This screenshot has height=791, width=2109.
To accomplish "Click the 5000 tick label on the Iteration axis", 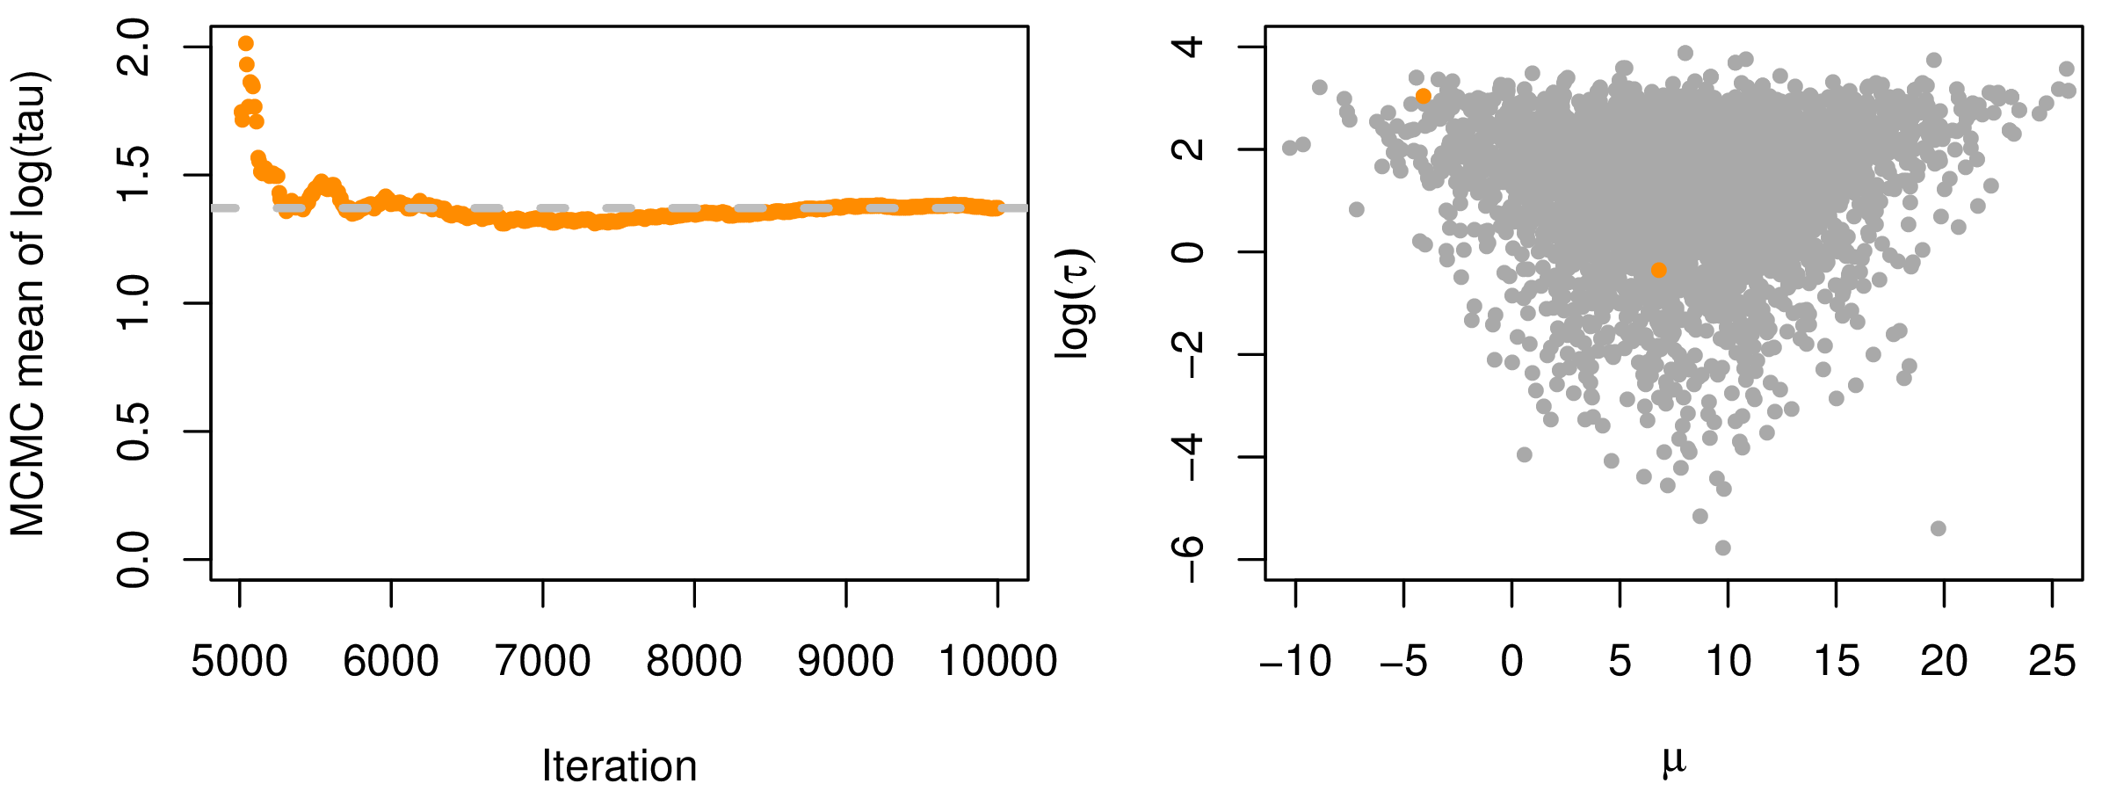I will pyautogui.click(x=239, y=662).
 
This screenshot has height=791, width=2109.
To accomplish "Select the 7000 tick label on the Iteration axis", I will pyautogui.click(x=543, y=662).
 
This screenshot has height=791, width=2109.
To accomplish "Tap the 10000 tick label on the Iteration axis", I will pyautogui.click(x=997, y=662).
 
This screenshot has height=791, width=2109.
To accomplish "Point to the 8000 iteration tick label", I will pyautogui.click(x=694, y=662).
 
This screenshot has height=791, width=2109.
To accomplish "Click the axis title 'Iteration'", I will pyautogui.click(x=620, y=766).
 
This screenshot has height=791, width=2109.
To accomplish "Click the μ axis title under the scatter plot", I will pyautogui.click(x=1673, y=761).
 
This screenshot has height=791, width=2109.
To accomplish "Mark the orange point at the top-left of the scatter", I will pyautogui.click(x=1424, y=96).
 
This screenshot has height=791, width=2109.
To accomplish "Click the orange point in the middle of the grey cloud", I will pyautogui.click(x=1658, y=270).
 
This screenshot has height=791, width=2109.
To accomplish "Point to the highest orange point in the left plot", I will pyautogui.click(x=246, y=44).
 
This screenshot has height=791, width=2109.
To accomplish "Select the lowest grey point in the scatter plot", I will pyautogui.click(x=1723, y=548).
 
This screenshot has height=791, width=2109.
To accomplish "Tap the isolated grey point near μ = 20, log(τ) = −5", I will pyautogui.click(x=1939, y=528).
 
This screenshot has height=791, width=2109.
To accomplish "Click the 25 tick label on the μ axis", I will pyautogui.click(x=2053, y=662).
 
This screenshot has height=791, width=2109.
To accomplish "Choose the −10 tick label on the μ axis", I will pyautogui.click(x=1295, y=662).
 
